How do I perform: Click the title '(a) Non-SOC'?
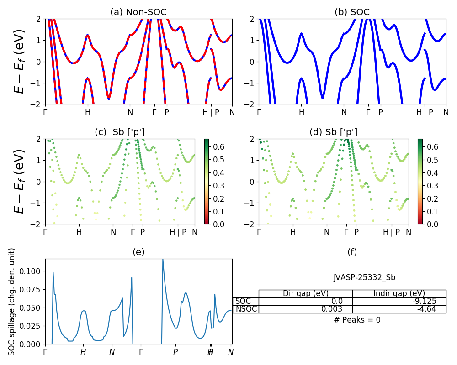tap(138, 12)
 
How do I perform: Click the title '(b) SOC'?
tap(352, 12)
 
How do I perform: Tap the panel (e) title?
tap(138, 252)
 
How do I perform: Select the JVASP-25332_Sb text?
tap(364, 277)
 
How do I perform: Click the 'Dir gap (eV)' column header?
tap(306, 293)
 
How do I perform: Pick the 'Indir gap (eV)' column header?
tap(399, 293)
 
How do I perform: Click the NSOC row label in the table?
tap(246, 309)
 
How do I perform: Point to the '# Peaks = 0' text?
tap(357, 320)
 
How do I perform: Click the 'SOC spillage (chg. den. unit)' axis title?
tap(12, 302)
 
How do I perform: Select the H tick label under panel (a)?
tap(88, 112)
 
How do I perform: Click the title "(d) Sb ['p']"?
tap(334, 132)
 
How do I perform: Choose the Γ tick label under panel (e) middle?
tap(141, 352)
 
